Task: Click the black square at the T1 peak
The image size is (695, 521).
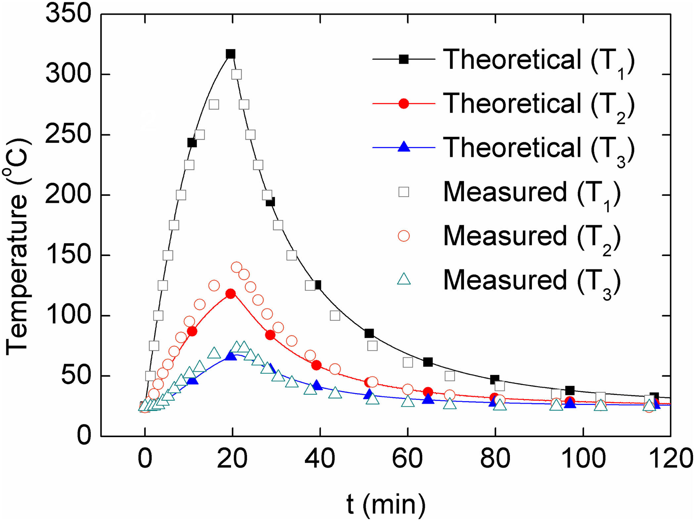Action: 230,54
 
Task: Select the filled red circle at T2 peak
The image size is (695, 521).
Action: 230,294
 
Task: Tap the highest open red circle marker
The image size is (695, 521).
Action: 236,267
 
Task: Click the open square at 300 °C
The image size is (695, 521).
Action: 236,75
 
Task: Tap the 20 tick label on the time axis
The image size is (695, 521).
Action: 232,459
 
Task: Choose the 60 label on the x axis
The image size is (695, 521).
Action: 407,459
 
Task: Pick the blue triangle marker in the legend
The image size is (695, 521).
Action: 404,147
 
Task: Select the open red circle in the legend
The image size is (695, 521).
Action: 404,236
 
